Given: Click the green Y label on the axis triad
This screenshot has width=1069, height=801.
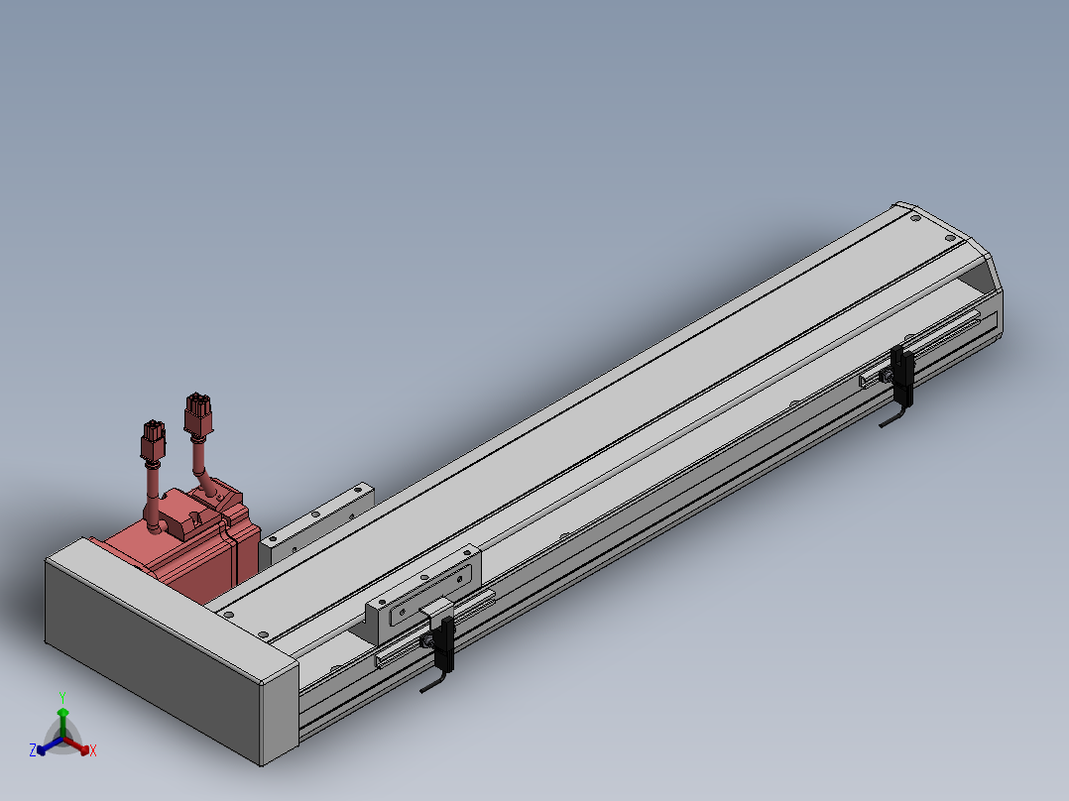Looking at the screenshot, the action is click(x=62, y=697).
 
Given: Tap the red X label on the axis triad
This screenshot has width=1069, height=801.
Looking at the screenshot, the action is click(x=93, y=750).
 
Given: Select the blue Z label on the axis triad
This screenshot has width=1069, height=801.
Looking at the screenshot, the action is click(x=32, y=749).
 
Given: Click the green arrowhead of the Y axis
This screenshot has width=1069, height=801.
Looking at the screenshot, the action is click(x=62, y=713).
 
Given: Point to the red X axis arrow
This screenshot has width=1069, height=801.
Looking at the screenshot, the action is click(x=77, y=745).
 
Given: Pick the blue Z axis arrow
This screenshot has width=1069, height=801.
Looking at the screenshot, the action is click(x=50, y=745).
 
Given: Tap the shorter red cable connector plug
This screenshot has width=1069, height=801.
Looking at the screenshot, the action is click(x=154, y=440).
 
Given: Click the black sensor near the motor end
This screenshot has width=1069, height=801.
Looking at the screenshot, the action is click(x=446, y=644).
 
